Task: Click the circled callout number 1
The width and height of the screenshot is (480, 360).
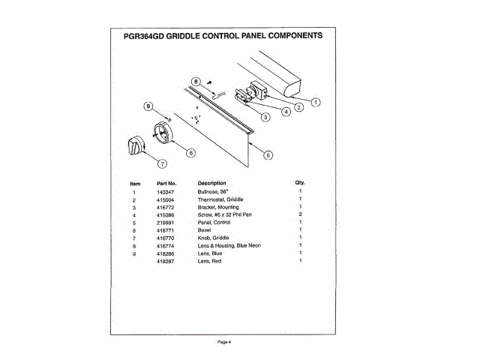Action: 316,101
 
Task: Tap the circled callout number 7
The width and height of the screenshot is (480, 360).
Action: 162,163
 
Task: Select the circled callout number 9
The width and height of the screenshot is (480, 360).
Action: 148,106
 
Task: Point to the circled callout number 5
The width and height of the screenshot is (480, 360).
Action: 268,154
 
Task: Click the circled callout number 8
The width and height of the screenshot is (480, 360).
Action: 196,81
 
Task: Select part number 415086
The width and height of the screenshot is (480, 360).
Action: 166,214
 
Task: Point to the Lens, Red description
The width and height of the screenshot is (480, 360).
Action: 211,260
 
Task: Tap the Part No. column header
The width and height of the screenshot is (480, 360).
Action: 166,183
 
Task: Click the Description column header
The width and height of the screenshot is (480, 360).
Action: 211,183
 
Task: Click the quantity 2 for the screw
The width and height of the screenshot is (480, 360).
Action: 300,214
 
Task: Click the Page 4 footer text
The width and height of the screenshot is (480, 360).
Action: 224,341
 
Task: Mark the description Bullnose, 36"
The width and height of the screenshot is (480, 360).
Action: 213,193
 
